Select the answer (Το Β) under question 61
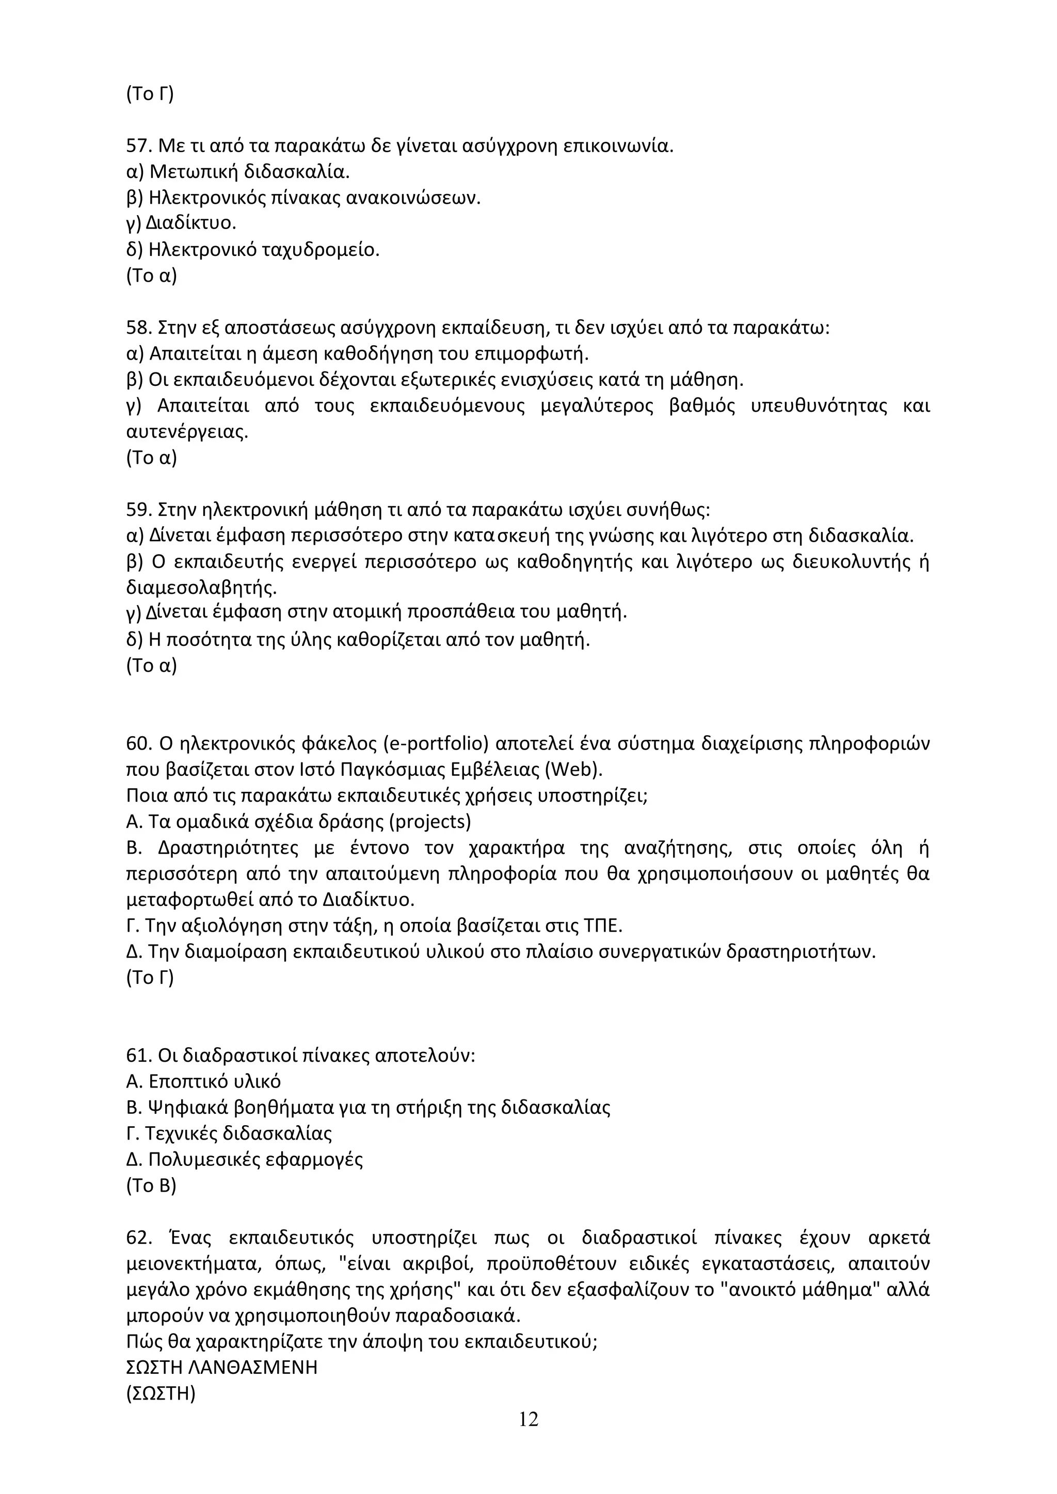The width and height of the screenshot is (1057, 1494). tap(151, 1186)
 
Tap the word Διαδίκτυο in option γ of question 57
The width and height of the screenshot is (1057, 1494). tap(190, 224)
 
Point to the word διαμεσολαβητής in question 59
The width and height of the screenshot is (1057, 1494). tap(201, 588)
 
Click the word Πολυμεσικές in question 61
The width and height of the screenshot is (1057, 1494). tap(199, 1160)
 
